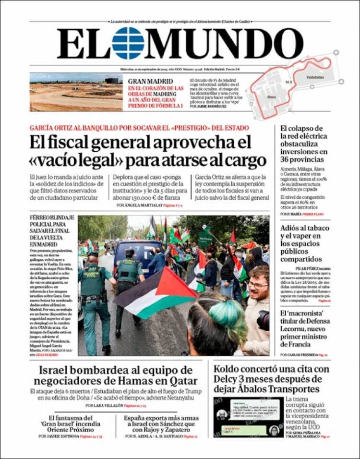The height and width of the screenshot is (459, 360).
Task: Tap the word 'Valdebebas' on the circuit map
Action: (x=315, y=77)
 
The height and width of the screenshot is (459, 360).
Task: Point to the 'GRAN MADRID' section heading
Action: (x=146, y=81)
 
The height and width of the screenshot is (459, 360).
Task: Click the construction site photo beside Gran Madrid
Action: (x=76, y=92)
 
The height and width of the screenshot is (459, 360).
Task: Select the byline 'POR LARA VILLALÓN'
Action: (x=105, y=406)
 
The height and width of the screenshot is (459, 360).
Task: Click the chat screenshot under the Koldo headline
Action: (x=248, y=417)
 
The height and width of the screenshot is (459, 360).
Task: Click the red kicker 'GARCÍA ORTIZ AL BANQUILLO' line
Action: (x=139, y=128)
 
